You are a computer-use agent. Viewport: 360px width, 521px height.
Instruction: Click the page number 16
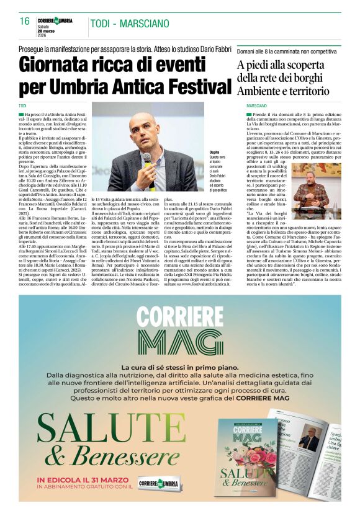25,21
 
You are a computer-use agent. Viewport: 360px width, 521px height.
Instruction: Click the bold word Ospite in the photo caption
214,152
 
